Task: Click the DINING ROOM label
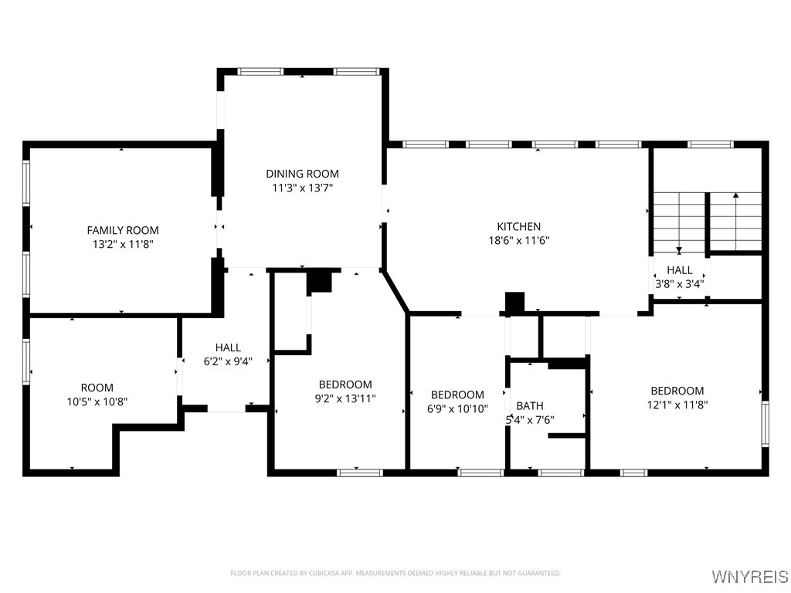click(x=302, y=174)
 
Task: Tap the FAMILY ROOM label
click(x=123, y=230)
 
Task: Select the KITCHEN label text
click(x=518, y=226)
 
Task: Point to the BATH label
click(x=529, y=405)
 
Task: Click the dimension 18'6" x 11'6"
click(x=518, y=240)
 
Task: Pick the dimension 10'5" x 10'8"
click(x=97, y=402)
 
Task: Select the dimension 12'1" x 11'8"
click(x=677, y=404)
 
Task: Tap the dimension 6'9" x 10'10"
click(x=457, y=408)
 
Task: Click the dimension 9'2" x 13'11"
click(x=345, y=398)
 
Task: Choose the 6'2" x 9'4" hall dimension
click(x=228, y=361)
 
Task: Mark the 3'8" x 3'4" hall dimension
click(x=680, y=283)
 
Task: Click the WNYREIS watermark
click(x=749, y=577)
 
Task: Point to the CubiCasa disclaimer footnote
click(x=395, y=573)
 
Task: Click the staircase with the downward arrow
click(x=679, y=222)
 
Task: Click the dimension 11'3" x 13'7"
click(x=302, y=188)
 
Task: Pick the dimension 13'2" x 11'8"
click(x=123, y=244)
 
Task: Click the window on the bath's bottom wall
click(x=560, y=472)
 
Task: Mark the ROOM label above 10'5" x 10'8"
click(x=97, y=388)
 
